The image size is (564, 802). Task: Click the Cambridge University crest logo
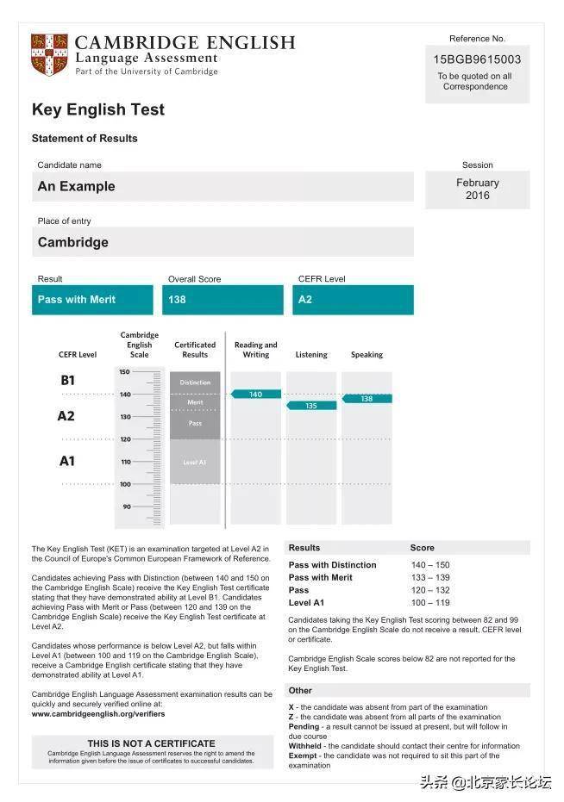[x=49, y=54]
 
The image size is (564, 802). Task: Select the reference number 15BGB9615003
[x=477, y=59]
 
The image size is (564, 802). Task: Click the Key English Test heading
[x=97, y=109]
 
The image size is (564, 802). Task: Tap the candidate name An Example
[x=76, y=186]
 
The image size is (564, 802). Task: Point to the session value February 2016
[x=477, y=189]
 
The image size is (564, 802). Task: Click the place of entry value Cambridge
[x=72, y=242]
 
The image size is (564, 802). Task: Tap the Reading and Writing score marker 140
[x=255, y=394]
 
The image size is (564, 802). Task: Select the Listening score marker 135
[x=310, y=405]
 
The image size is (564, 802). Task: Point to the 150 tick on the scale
[x=125, y=372]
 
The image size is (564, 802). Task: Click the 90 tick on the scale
[x=126, y=507]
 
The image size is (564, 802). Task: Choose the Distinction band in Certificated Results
[x=195, y=382]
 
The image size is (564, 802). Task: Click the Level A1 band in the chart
[x=195, y=463]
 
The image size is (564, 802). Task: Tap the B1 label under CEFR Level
[x=67, y=380]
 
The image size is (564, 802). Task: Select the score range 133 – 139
[x=430, y=577]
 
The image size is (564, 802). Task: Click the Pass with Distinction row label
[x=332, y=565]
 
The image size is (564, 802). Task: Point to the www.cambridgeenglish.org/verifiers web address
[x=97, y=714]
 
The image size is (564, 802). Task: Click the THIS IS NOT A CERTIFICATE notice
[x=151, y=743]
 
